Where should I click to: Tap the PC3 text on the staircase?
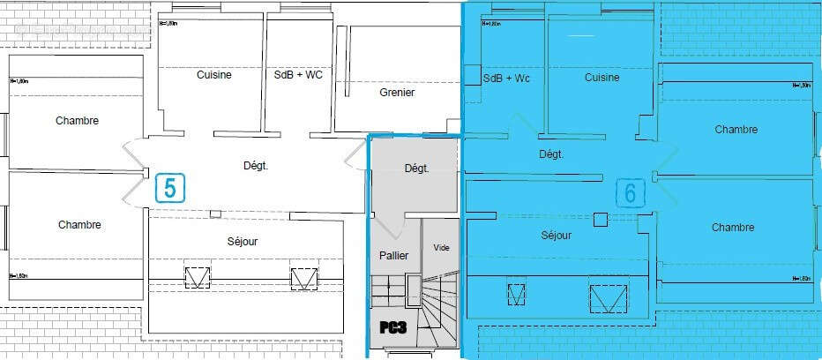pyautogui.click(x=392, y=326)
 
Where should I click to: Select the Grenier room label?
pyautogui.click(x=397, y=93)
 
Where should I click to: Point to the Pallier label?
pyautogui.click(x=392, y=254)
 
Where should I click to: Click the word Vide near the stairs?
pyautogui.click(x=441, y=248)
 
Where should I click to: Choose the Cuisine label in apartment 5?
pyautogui.click(x=213, y=75)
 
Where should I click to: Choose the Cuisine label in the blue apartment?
pyautogui.click(x=602, y=78)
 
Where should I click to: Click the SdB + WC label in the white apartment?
pyautogui.click(x=299, y=75)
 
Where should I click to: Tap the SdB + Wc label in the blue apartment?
pyautogui.click(x=507, y=79)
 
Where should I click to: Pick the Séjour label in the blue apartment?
pyautogui.click(x=557, y=236)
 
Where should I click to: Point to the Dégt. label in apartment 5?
pyautogui.click(x=256, y=165)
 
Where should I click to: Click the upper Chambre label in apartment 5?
pyautogui.click(x=77, y=121)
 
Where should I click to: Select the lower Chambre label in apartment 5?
pyautogui.click(x=79, y=225)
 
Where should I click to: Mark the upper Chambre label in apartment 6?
pyautogui.click(x=736, y=130)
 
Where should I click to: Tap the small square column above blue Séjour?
pyautogui.click(x=601, y=220)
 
